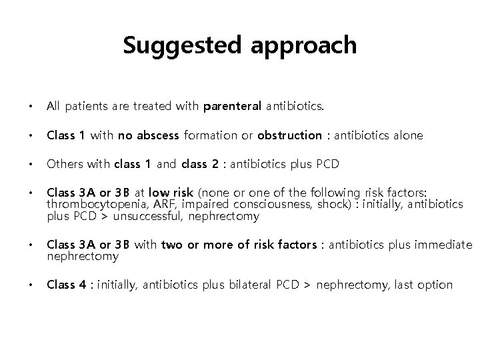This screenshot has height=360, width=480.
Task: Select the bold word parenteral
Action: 232,105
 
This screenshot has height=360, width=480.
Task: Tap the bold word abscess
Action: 157,135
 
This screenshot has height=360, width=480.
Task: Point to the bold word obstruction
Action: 290,135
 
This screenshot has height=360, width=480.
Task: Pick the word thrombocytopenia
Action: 89,205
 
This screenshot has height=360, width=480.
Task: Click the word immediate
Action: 443,245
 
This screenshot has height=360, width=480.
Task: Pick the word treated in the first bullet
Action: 157,105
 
